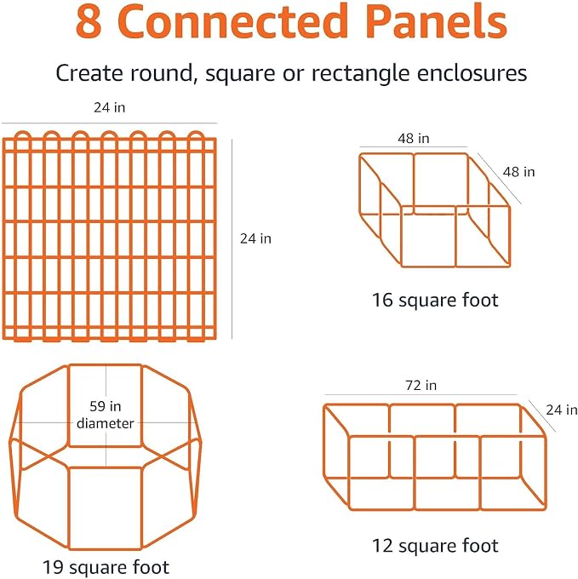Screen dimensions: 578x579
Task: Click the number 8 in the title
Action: click(89, 20)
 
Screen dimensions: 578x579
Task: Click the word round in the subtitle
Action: click(162, 73)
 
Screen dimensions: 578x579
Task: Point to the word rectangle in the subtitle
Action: click(361, 74)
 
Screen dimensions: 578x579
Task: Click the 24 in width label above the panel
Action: click(110, 107)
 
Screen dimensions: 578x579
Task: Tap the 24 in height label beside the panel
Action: click(255, 238)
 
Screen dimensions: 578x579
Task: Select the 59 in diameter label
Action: click(106, 415)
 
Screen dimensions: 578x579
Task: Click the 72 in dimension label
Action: click(421, 386)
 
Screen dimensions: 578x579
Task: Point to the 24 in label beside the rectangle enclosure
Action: click(561, 410)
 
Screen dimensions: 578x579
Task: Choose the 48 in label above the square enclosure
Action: click(414, 139)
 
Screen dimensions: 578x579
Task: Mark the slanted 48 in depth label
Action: click(518, 172)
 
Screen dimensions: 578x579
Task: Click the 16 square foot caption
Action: click(435, 300)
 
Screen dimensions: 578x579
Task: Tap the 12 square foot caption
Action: click(435, 546)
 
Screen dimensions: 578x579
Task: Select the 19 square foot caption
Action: click(106, 567)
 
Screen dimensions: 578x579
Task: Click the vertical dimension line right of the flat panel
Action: click(232, 239)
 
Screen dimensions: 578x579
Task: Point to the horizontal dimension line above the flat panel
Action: click(110, 123)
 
